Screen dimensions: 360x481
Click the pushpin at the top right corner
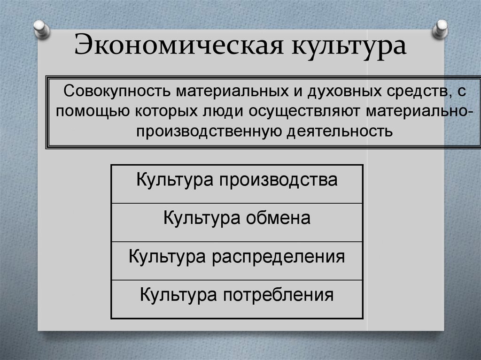point(441,29)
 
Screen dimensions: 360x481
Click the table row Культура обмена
point(237,219)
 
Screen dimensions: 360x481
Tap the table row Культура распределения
point(237,257)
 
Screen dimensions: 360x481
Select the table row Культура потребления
point(237,296)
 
